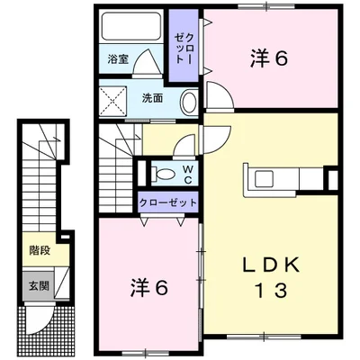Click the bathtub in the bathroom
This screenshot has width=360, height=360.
tap(131, 26)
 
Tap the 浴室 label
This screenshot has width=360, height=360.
tap(118, 59)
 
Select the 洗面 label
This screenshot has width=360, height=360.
tap(152, 98)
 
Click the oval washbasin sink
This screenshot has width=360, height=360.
tap(189, 103)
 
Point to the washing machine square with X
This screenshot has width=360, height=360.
tap(112, 101)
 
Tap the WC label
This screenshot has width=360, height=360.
tap(188, 175)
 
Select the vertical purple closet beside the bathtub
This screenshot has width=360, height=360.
tap(184, 45)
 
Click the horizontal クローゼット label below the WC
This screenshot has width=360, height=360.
tap(168, 202)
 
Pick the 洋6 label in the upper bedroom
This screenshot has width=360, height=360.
tap(269, 58)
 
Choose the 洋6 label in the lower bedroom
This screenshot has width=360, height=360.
tap(149, 288)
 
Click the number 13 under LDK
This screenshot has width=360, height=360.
tap(270, 290)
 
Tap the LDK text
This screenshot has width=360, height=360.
tap(271, 265)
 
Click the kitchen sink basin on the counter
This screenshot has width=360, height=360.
tap(264, 179)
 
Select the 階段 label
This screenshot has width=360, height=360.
tap(40, 250)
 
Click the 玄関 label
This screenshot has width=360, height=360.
tap(39, 286)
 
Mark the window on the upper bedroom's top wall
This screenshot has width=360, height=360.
tap(266, 6)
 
